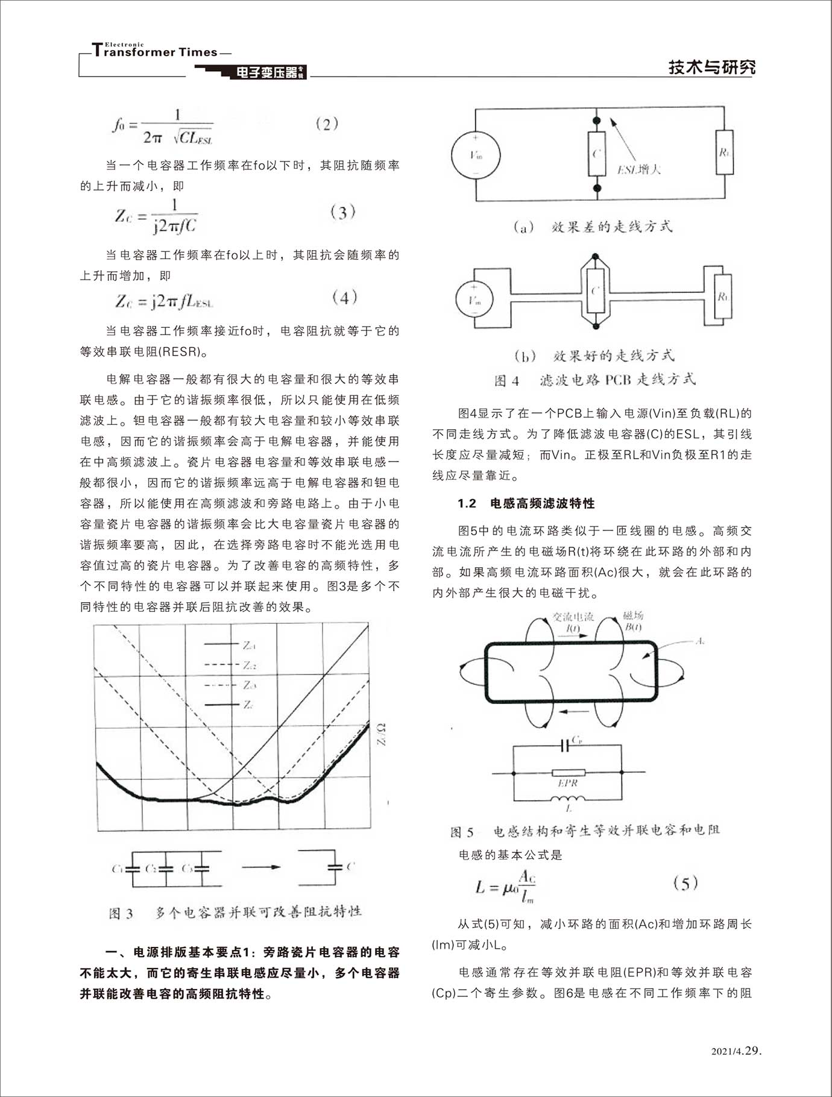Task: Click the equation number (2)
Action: [x=327, y=125]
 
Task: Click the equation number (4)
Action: [x=345, y=297]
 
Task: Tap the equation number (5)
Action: [x=685, y=884]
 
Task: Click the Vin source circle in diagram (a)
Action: [x=476, y=155]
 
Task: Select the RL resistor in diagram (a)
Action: [x=724, y=152]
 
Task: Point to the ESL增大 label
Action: [x=639, y=169]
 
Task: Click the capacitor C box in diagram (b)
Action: [x=596, y=292]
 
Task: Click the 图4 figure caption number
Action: [x=506, y=380]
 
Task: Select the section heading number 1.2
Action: [x=467, y=503]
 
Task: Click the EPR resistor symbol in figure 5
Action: [x=568, y=773]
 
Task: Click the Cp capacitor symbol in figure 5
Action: [x=566, y=746]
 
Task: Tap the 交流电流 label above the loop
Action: [x=573, y=617]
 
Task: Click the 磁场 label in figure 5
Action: [x=633, y=615]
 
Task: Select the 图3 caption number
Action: [x=121, y=913]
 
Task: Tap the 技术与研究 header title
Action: [x=711, y=67]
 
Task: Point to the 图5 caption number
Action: [x=462, y=832]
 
